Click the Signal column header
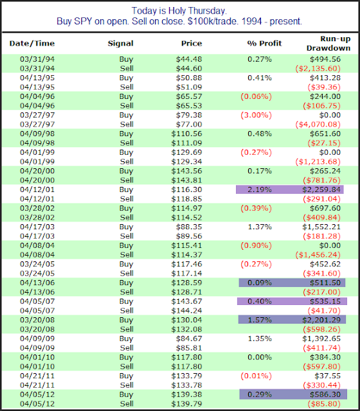[120, 43]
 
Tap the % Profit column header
[264, 43]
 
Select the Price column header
[192, 43]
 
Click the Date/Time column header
[32, 43]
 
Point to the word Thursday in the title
[206, 11]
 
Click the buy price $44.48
[189, 59]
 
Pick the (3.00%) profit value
[256, 115]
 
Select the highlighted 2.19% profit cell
[260, 189]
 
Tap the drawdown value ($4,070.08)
[318, 124]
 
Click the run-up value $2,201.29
[321, 320]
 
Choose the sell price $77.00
[189, 124]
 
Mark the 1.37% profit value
[260, 227]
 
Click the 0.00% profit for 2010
[260, 357]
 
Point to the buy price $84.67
[189, 338]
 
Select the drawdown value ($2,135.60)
[318, 69]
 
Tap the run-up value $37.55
[327, 376]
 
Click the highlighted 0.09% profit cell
[260, 283]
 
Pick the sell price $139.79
[186, 404]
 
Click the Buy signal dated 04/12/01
[126, 189]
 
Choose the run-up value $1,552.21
[321, 227]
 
